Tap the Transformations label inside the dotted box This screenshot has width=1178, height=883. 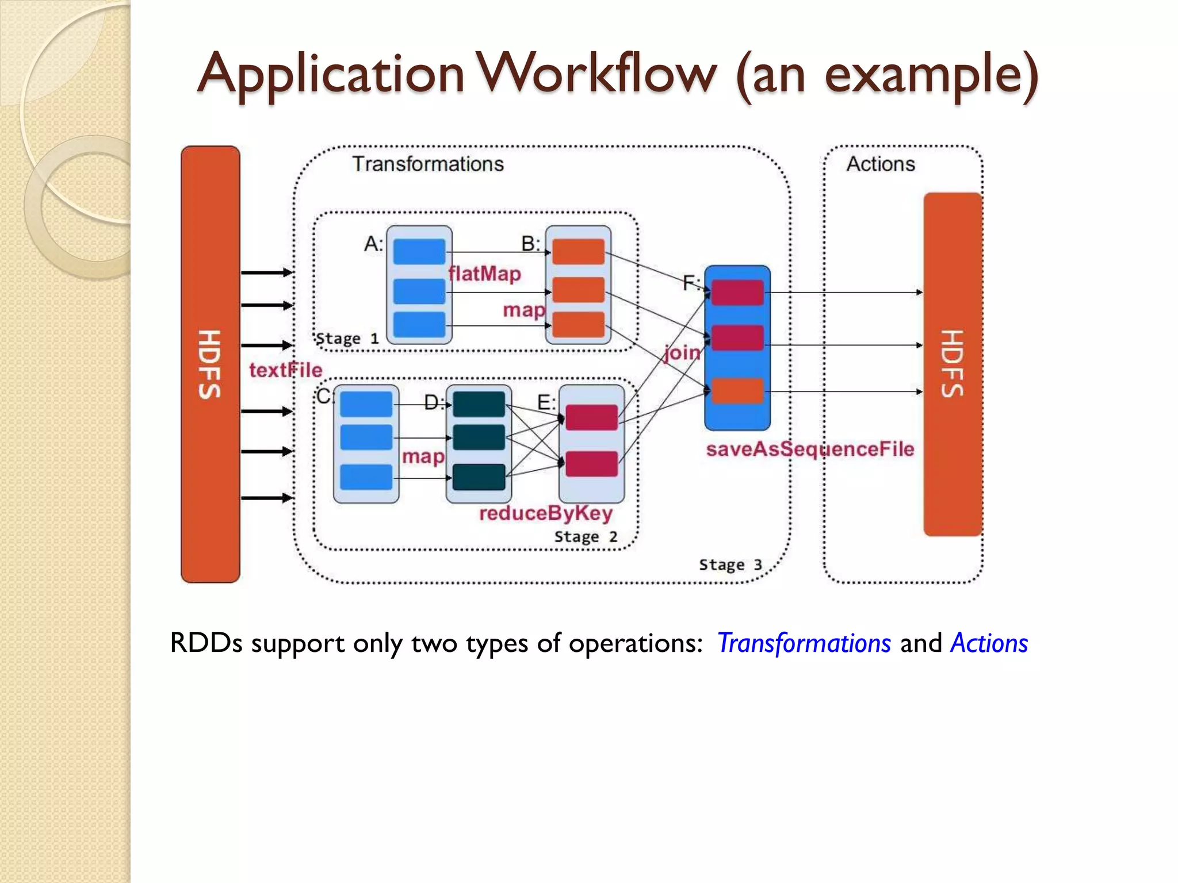(428, 164)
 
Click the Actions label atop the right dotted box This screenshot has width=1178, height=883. (880, 164)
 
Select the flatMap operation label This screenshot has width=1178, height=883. (484, 274)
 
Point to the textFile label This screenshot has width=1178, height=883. (285, 370)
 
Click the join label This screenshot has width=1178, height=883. (682, 352)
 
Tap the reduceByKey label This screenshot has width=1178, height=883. (545, 513)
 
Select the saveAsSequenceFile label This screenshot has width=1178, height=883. (810, 449)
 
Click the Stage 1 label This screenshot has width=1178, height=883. (347, 339)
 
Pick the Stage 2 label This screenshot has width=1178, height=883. (586, 537)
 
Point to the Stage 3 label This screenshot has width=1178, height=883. (730, 565)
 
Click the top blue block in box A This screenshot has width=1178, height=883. (419, 252)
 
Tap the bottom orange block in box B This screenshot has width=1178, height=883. (578, 325)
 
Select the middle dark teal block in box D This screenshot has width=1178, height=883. (479, 437)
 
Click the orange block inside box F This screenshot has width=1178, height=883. (737, 391)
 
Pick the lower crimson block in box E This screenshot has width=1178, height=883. (591, 464)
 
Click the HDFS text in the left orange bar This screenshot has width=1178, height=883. (210, 364)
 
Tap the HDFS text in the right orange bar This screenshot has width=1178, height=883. (953, 364)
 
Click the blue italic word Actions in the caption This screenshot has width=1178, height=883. (989, 643)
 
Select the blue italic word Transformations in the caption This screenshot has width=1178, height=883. (804, 643)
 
